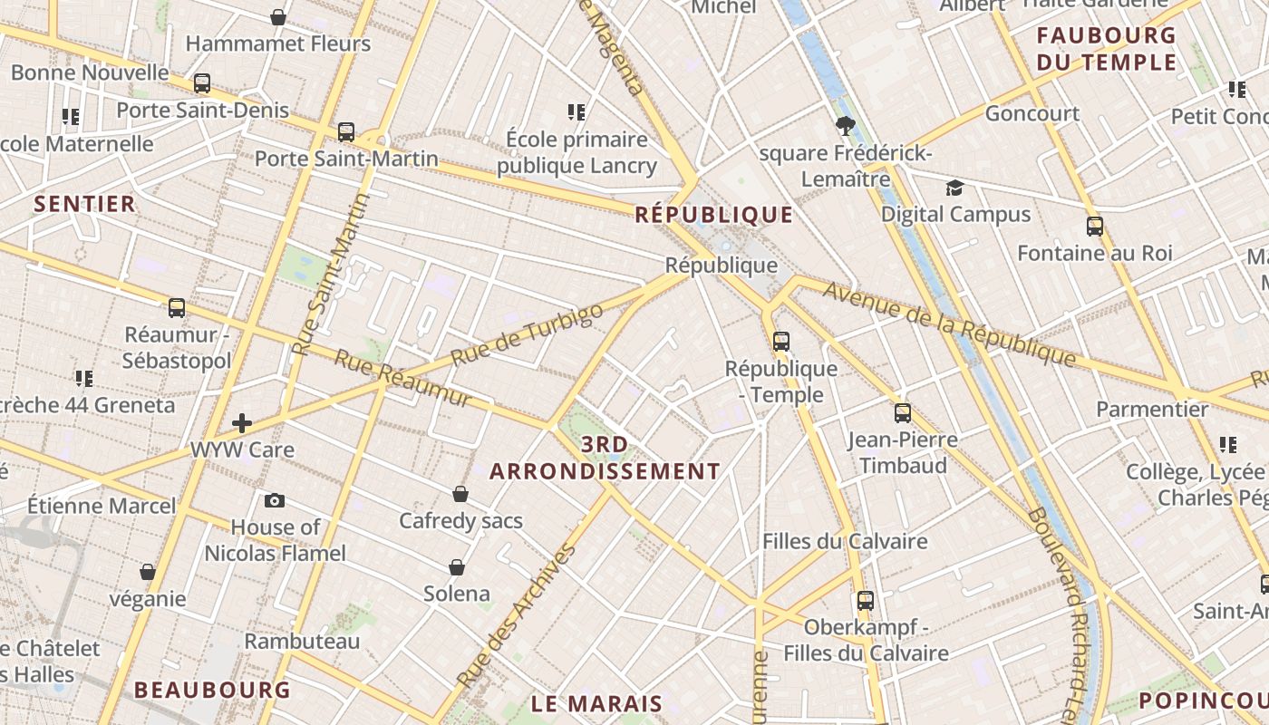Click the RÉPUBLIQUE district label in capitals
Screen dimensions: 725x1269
coord(714,215)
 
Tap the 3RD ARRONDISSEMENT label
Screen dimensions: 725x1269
coord(605,458)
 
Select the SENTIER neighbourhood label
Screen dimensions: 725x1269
coord(84,204)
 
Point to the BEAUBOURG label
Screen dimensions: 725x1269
coord(212,690)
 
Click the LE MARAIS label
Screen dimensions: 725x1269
coord(596,704)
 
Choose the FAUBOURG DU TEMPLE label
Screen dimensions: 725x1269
coord(1107,49)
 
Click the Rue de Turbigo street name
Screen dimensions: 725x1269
coord(527,335)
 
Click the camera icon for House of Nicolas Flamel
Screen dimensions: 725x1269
coord(274,501)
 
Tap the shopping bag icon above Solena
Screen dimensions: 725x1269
coord(457,567)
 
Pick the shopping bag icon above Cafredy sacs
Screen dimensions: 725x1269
coord(460,494)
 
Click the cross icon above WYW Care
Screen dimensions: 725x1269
coord(242,422)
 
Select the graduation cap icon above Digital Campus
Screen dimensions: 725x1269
coord(954,188)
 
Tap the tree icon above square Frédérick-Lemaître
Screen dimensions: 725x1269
coord(846,126)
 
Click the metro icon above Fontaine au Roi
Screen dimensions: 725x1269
coord(1095,227)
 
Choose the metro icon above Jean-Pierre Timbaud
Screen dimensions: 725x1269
coord(902,413)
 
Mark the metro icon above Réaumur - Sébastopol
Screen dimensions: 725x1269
coord(177,308)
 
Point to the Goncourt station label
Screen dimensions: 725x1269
coord(1032,114)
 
